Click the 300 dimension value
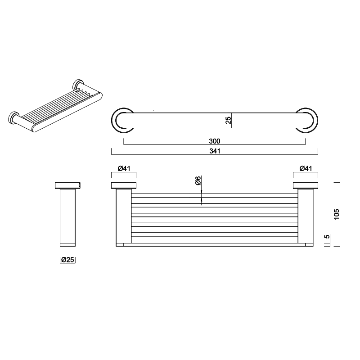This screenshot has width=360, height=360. [x=215, y=141]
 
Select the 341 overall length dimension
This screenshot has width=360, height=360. [x=215, y=151]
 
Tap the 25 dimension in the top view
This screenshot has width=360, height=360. [x=228, y=120]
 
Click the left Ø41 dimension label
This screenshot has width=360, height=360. [x=124, y=168]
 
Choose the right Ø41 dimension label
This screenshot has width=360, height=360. [x=306, y=168]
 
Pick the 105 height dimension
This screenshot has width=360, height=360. [x=337, y=214]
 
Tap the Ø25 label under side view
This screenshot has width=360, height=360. [x=67, y=260]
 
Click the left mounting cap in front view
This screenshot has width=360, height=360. [x=124, y=186]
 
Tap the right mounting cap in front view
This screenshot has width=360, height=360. [x=306, y=186]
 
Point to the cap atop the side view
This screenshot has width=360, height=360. [x=67, y=185]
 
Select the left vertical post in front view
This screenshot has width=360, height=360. [x=123, y=217]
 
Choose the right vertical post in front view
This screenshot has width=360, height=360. [x=306, y=217]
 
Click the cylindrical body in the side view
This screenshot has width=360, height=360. [x=67, y=217]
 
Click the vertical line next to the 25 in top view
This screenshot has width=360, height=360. [x=232, y=120]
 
